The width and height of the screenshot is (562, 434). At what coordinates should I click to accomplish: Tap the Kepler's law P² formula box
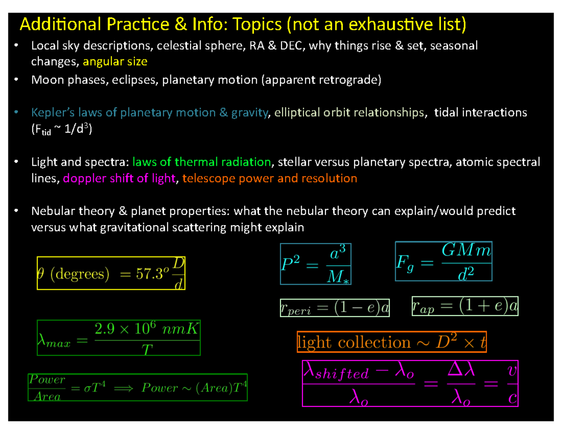point(315,264)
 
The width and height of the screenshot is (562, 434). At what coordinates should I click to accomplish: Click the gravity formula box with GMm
point(443,261)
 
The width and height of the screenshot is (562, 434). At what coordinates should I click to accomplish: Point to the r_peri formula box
point(334,308)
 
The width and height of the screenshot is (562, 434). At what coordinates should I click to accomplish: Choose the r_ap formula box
point(465,306)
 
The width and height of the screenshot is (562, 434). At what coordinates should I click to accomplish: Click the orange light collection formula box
point(392,342)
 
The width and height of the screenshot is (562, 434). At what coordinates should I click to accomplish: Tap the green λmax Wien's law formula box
point(118,338)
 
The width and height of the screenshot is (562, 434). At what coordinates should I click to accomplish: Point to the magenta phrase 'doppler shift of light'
point(119,178)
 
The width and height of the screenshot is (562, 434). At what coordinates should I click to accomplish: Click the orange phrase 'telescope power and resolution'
point(270,178)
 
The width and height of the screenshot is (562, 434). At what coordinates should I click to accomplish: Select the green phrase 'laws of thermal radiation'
point(202,162)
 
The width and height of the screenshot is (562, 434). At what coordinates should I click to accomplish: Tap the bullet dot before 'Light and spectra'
point(16,162)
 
